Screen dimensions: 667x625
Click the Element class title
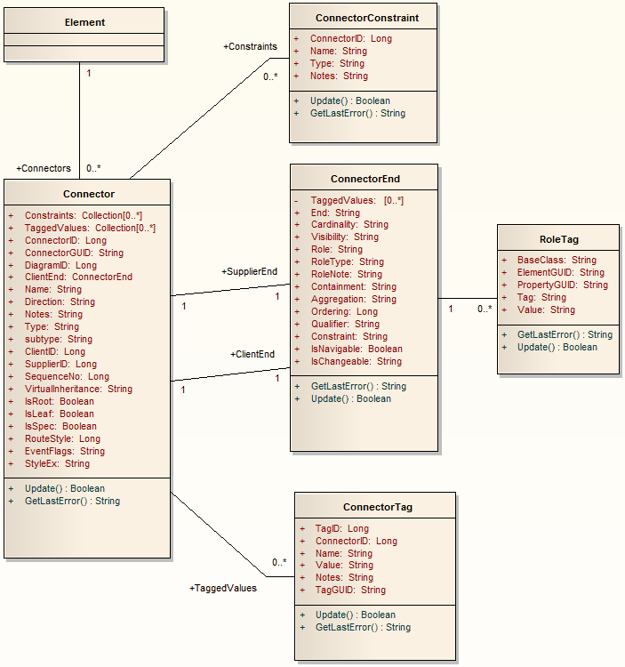click(x=84, y=22)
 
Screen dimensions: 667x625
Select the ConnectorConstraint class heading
click(x=367, y=18)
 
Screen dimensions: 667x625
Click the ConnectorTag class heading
click(x=377, y=508)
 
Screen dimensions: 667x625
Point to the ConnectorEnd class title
click(x=365, y=180)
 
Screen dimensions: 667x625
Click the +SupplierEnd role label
click(x=249, y=271)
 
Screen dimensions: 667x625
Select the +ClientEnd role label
click(x=252, y=354)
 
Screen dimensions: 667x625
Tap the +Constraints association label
click(x=250, y=46)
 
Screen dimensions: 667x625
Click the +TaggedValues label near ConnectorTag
click(x=223, y=588)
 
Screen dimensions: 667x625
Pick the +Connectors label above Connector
click(x=44, y=168)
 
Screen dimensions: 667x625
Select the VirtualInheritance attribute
click(x=78, y=389)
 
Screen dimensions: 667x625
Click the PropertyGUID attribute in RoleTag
click(x=562, y=285)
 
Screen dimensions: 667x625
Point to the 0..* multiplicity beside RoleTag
click(x=484, y=309)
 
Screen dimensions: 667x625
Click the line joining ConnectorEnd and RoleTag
click(x=467, y=299)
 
